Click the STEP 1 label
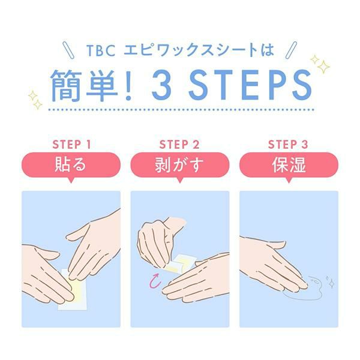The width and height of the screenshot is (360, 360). pos(71,145)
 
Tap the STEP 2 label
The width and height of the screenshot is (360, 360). pos(179,145)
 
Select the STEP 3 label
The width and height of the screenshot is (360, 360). pos(288,145)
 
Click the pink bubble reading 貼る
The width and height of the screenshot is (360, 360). pos(71,166)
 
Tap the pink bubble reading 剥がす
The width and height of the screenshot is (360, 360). pos(180,166)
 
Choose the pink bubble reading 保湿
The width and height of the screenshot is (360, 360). pos(289,166)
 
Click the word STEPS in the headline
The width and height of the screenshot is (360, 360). pos(250,85)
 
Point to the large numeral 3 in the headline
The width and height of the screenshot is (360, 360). pos(162,85)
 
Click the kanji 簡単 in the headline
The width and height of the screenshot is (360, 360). pos(84,85)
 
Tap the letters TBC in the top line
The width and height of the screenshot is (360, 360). pos(101,50)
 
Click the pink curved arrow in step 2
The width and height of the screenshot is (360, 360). pos(155,281)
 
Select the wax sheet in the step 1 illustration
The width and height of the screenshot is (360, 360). pos(73,290)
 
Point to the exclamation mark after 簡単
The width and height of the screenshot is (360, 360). pos(128,85)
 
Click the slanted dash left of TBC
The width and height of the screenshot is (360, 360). pos(68,50)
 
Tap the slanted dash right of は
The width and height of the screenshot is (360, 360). pos(291,50)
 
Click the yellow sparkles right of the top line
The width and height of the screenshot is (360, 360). pos(320,64)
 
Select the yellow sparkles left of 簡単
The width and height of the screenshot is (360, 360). pos(35,100)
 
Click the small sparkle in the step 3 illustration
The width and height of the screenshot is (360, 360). pos(331,282)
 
